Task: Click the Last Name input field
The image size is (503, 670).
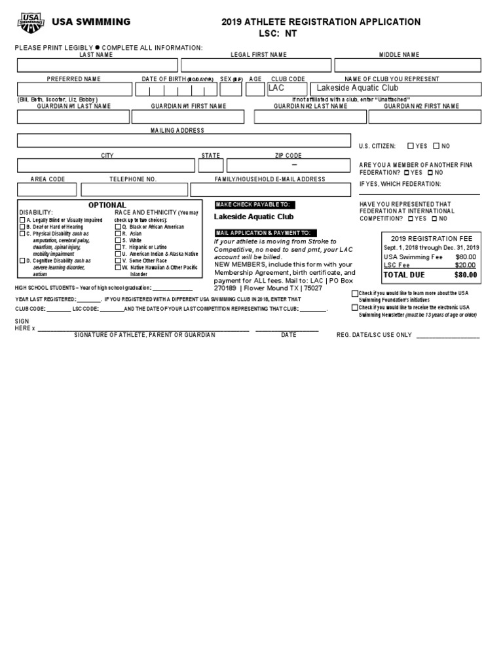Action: pos(97,65)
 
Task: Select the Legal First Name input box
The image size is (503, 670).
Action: pos(256,65)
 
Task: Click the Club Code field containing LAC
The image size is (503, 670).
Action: pos(286,89)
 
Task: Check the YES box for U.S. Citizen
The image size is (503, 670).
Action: pos(411,147)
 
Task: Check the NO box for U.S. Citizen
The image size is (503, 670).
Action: pos(436,147)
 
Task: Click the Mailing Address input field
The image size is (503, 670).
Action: pos(183,141)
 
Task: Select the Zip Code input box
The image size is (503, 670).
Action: pos(288,166)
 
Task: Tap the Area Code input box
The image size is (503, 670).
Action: pos(47,190)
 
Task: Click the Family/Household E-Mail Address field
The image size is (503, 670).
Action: pos(270,190)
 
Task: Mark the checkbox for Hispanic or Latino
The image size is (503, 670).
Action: pos(118,247)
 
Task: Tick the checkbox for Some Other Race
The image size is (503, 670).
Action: pos(118,260)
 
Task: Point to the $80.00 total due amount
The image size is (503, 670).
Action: pos(466,275)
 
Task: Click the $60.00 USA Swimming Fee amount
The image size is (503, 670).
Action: pos(466,257)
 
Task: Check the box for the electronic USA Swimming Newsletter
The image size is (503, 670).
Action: pos(355,308)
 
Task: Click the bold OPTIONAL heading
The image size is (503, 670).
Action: pos(107,205)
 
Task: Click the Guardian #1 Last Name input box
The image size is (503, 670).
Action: pos(73,117)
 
